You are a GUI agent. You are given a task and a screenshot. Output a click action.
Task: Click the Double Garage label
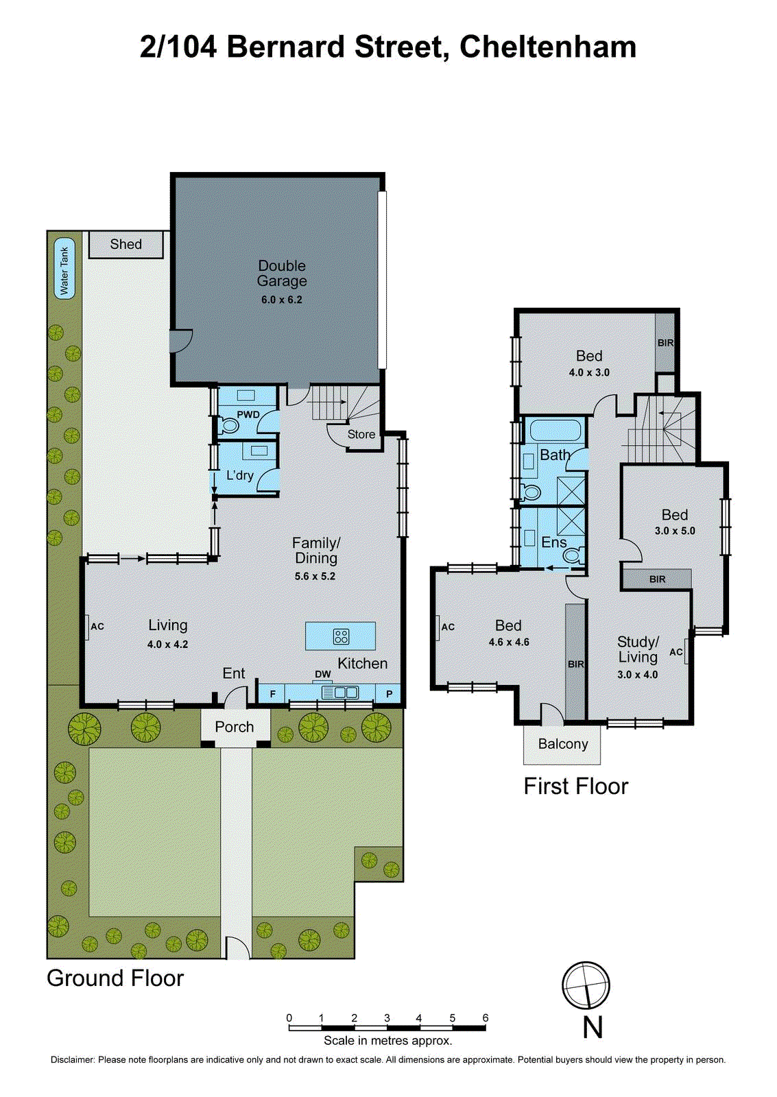click(x=282, y=273)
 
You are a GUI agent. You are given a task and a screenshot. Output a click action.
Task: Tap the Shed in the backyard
click(x=126, y=245)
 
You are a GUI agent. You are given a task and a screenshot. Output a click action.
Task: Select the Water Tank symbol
click(x=64, y=271)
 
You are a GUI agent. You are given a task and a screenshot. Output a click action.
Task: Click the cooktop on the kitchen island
click(x=341, y=636)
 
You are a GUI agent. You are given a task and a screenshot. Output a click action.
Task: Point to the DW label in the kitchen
click(x=323, y=675)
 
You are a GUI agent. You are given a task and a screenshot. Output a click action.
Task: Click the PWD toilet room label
click(x=248, y=414)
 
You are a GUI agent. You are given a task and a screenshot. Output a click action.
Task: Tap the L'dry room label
click(x=240, y=475)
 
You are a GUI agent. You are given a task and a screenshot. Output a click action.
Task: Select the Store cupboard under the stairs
click(x=361, y=435)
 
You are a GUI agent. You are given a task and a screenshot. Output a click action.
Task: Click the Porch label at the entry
click(x=235, y=727)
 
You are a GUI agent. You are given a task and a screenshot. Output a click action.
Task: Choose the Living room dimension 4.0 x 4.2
click(x=167, y=644)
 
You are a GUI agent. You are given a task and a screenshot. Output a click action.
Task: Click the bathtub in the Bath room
click(x=555, y=431)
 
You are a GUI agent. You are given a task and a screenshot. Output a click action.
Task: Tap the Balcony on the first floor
click(x=562, y=745)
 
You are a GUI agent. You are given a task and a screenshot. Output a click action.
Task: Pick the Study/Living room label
click(x=638, y=649)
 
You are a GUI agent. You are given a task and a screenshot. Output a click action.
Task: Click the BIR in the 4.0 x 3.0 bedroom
click(x=665, y=343)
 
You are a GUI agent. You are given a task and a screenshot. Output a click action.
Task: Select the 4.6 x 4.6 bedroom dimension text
click(x=509, y=642)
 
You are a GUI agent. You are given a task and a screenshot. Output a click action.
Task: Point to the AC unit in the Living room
click(x=87, y=627)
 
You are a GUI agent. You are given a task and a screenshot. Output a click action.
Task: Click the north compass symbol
click(x=586, y=986)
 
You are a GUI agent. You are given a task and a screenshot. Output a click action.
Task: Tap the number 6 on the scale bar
click(x=486, y=1018)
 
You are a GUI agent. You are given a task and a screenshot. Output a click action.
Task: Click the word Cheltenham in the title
click(x=548, y=47)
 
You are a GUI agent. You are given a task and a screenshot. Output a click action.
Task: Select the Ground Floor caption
click(x=115, y=978)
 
